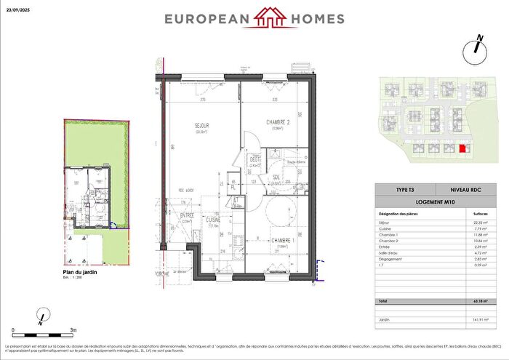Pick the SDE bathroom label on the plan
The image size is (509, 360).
point(276,177)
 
